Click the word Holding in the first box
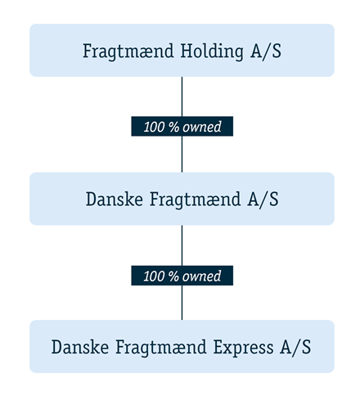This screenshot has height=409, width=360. tap(212, 52)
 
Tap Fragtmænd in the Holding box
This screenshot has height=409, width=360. tap(128, 52)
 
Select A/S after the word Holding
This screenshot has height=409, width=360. tap(266, 52)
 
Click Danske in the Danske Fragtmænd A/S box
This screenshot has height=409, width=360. tap(115, 199)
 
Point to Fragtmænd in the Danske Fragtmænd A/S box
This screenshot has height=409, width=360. tap(195, 200)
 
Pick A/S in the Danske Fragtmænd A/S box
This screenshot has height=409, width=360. tap(263, 199)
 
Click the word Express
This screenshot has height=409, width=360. tap(243, 348)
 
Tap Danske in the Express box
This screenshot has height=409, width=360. tap(80, 348)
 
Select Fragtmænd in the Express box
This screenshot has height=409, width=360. tap(160, 348)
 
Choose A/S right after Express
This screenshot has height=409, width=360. tap(295, 348)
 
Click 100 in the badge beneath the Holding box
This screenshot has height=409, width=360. tap(154, 127)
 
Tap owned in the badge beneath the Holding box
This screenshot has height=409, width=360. tap(202, 127)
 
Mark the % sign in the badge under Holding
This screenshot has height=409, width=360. tap(173, 127)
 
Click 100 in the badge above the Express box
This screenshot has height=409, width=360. tap(154, 276)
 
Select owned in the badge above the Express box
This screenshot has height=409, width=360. tap(202, 276)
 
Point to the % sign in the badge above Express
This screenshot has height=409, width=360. tap(173, 276)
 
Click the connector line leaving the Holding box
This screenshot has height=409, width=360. tap(182, 97)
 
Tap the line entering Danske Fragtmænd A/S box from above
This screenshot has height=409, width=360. tap(182, 154)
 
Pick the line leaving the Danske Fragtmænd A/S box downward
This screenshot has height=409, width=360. tap(182, 245)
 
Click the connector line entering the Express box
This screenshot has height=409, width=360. tap(182, 303)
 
